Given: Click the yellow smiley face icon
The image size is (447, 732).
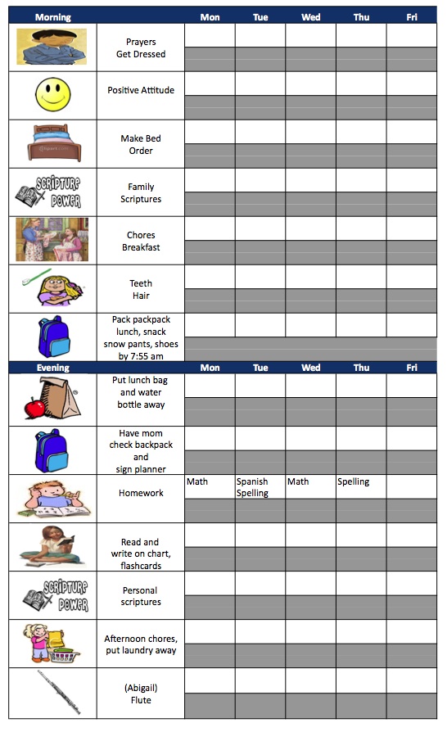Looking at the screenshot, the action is [53, 95].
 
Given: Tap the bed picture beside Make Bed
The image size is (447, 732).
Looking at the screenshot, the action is [53, 143].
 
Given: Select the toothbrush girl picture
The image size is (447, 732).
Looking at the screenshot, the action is [53, 288].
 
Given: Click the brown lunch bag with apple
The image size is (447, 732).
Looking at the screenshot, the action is [53, 398].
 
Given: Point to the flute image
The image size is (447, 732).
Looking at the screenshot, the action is [53, 693].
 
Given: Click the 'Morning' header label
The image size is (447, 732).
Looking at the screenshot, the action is [54, 17].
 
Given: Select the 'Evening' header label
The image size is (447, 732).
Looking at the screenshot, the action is [53, 368].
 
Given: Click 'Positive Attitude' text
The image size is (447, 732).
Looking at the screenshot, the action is [141, 90].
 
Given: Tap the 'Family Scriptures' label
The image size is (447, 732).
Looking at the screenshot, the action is [141, 193].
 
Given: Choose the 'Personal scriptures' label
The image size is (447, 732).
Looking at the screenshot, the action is [141, 596].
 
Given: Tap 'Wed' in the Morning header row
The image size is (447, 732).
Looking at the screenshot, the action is [311, 17].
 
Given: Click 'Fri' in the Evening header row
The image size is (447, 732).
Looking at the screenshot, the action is [412, 368].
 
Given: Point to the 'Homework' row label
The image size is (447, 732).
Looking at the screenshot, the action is [141, 493].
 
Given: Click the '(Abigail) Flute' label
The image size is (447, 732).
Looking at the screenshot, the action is [141, 694].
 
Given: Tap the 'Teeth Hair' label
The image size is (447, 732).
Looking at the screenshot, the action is [141, 290].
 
